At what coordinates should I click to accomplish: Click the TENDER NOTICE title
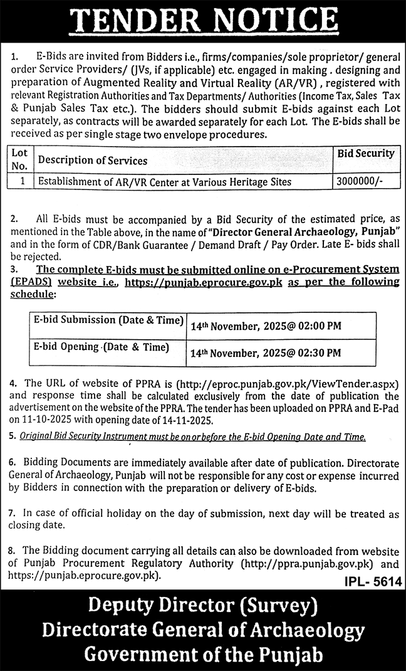pos(203,20)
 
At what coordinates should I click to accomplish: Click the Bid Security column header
pos(366,153)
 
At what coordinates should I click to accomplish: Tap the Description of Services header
pos(93,161)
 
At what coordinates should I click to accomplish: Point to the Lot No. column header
pos(21,160)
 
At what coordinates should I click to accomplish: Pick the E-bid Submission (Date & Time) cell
pos(107,320)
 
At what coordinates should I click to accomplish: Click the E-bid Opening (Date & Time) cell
pos(101,347)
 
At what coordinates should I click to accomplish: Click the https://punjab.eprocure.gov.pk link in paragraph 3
pos(204,282)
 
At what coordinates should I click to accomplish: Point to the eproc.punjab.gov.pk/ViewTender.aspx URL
pos(291,383)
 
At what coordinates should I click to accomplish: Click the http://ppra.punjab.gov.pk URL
pos(309,563)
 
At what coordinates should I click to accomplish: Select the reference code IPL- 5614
pos(373,583)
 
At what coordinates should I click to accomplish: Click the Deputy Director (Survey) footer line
pos(203,606)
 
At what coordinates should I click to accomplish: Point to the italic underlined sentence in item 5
pos(192,436)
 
